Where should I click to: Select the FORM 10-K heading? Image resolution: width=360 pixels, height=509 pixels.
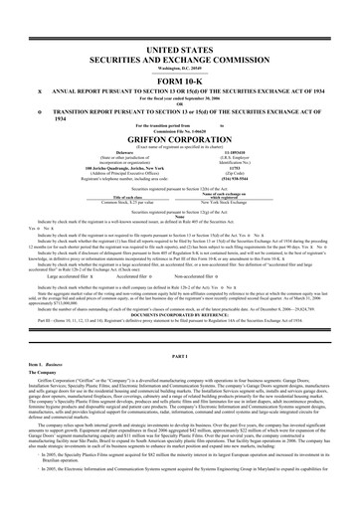coord(180,80)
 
